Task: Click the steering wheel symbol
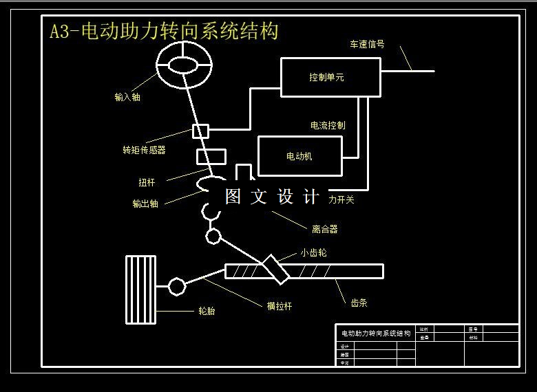click(x=182, y=65)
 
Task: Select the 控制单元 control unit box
click(x=330, y=77)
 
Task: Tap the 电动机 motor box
click(x=299, y=156)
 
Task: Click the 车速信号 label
click(x=367, y=45)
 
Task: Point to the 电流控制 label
click(x=328, y=125)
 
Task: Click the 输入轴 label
click(x=127, y=97)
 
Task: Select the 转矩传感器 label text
click(x=144, y=149)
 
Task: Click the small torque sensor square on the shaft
click(x=200, y=131)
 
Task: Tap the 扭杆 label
click(x=147, y=182)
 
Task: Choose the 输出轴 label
click(x=145, y=204)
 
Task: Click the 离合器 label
click(x=325, y=229)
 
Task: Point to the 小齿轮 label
click(x=313, y=252)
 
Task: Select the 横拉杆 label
click(x=280, y=306)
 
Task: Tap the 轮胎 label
click(x=207, y=311)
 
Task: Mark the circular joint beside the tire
click(x=177, y=285)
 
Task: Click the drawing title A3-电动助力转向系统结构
click(x=164, y=32)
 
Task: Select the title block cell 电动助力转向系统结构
click(x=375, y=333)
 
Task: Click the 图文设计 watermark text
click(x=273, y=197)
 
